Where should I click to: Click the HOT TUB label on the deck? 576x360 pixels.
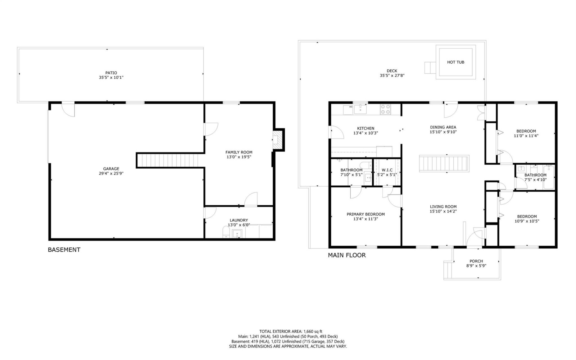point(455,62)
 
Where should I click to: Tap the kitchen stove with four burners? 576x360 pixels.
point(385,109)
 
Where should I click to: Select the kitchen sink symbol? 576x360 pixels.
point(360,110)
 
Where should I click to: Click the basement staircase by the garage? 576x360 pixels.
point(167,160)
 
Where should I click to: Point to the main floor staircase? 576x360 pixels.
point(444,164)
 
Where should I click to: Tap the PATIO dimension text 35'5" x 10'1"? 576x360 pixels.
point(111,77)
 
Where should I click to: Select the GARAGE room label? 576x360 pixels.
point(111,169)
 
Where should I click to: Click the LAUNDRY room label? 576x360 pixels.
point(239,220)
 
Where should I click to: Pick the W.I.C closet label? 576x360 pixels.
point(387,170)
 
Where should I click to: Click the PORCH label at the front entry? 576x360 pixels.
point(476,261)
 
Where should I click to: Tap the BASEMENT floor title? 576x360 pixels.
point(64,250)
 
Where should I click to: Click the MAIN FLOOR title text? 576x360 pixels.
point(346,255)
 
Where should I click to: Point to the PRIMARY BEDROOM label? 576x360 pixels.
point(365,214)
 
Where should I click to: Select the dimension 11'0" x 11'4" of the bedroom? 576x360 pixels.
point(526,136)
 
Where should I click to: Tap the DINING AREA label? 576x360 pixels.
point(443,127)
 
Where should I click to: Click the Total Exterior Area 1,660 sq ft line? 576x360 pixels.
point(291,331)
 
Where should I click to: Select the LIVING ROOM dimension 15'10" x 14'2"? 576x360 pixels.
point(443,211)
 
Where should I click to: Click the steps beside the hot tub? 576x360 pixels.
point(430,68)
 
